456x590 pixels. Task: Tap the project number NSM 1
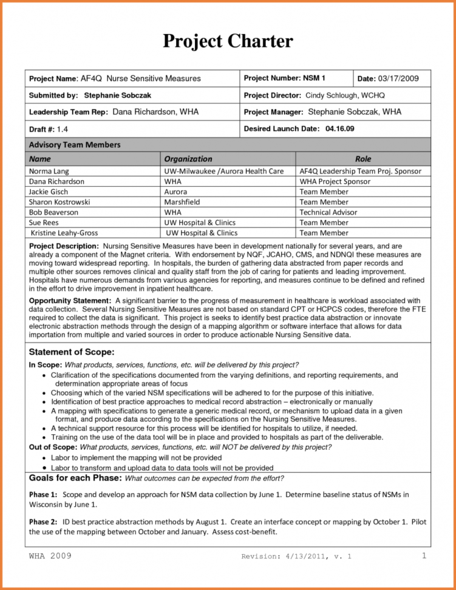click(x=315, y=78)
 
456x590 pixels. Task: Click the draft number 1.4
click(x=63, y=130)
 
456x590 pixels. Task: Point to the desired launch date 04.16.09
click(x=340, y=129)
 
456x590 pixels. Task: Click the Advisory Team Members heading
click(x=75, y=145)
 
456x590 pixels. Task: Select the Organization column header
click(x=188, y=159)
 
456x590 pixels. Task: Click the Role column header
click(x=363, y=159)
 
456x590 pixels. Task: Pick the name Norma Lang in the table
click(x=49, y=172)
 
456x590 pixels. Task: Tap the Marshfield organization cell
click(x=183, y=202)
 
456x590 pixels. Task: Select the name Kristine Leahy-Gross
click(x=64, y=233)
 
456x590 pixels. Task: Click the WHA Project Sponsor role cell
click(x=335, y=181)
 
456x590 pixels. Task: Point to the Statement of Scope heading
click(x=72, y=352)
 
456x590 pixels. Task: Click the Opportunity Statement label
click(x=70, y=301)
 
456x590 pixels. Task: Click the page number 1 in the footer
click(x=424, y=556)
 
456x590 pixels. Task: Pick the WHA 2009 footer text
click(x=50, y=556)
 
